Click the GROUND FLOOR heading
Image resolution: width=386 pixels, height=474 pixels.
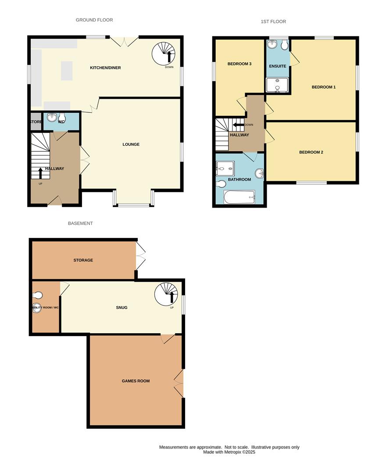pyautogui.click(x=94, y=20)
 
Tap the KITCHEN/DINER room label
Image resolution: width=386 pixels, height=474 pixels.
pyautogui.click(x=105, y=68)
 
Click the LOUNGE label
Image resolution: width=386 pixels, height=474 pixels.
pyautogui.click(x=131, y=144)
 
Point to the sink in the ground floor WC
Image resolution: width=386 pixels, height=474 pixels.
pyautogui.click(x=52, y=117)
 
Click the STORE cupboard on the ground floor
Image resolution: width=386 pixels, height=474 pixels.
pyautogui.click(x=36, y=122)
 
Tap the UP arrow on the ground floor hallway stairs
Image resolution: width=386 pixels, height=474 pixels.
pyautogui.click(x=41, y=172)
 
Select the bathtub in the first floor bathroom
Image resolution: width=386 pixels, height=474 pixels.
pyautogui.click(x=239, y=197)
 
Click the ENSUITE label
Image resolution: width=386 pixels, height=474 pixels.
pyautogui.click(x=278, y=66)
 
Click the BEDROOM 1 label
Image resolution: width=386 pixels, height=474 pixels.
pyautogui.click(x=324, y=87)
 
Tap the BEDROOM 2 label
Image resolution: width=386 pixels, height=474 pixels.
pyautogui.click(x=311, y=152)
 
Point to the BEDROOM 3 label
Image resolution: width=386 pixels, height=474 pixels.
pyautogui.click(x=239, y=64)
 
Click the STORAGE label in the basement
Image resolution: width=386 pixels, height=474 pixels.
pyautogui.click(x=83, y=260)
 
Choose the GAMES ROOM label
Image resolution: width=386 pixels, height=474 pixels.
pyautogui.click(x=136, y=381)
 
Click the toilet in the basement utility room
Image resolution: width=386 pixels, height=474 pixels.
pyautogui.click(x=38, y=294)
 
